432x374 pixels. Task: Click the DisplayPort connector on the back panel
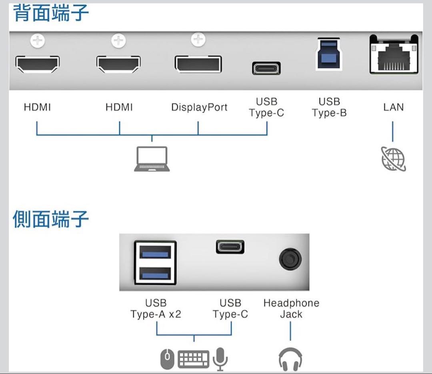point(198,64)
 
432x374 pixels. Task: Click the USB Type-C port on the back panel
point(266,68)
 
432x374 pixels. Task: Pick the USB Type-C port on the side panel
point(230,246)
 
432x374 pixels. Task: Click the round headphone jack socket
point(290,259)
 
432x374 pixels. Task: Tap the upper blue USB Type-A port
point(155,252)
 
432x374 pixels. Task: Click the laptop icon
point(152,159)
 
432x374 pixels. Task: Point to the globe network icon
point(393,159)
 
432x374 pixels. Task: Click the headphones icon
point(290,359)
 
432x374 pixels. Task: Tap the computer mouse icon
point(168,359)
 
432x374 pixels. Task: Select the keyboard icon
point(194,359)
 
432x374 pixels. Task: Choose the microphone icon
point(220,359)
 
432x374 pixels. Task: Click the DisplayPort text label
point(199,107)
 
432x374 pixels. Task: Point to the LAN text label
point(393,107)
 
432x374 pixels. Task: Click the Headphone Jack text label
point(291,308)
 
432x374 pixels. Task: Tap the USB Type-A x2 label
point(156,308)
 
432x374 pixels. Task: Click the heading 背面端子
point(51,13)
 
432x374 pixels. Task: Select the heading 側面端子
point(51,219)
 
